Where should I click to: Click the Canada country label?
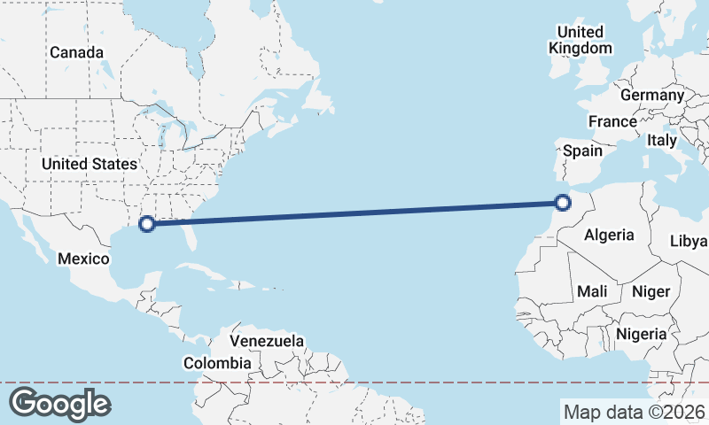[x=76, y=52]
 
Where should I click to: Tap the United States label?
[x=90, y=164]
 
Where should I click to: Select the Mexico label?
[x=83, y=259]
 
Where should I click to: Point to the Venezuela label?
[x=267, y=341]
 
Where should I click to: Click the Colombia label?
[x=217, y=363]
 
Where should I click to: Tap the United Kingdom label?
[x=580, y=40]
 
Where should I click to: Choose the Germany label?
[x=652, y=95]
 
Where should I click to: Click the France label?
[x=612, y=121]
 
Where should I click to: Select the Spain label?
[x=583, y=151]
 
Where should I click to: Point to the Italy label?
[x=661, y=140]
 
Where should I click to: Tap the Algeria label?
[x=609, y=235]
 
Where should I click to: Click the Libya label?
[x=689, y=241]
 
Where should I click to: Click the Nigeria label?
[x=640, y=334]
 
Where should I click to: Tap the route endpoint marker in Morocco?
[x=562, y=203]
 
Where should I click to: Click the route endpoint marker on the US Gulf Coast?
[x=148, y=223]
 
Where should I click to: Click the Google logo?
[x=59, y=403]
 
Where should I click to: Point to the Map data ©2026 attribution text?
[x=634, y=412]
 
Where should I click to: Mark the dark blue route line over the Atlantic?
[x=354, y=212]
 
